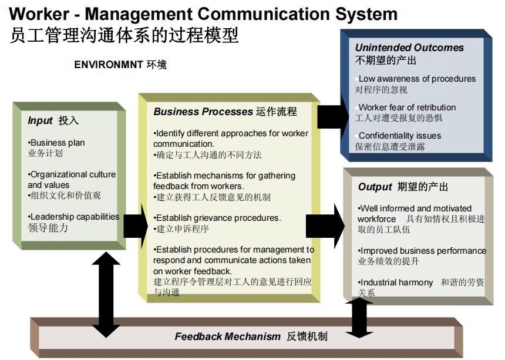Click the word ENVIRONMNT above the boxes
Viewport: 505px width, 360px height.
click(x=109, y=65)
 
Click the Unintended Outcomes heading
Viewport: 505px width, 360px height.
click(x=409, y=48)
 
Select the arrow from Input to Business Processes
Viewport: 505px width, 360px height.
click(x=136, y=226)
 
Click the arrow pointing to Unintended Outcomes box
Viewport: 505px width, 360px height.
click(x=333, y=117)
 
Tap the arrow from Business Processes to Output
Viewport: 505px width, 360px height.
click(x=325, y=226)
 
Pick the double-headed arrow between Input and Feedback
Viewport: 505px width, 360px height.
click(x=106, y=295)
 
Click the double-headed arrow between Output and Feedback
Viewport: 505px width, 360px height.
click(x=359, y=318)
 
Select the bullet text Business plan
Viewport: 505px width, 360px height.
click(x=56, y=143)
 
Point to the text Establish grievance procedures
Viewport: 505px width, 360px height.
click(x=217, y=218)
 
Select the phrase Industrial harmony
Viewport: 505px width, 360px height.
click(x=396, y=282)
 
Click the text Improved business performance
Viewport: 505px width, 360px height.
click(x=422, y=251)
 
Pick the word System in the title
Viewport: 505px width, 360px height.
click(x=366, y=15)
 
